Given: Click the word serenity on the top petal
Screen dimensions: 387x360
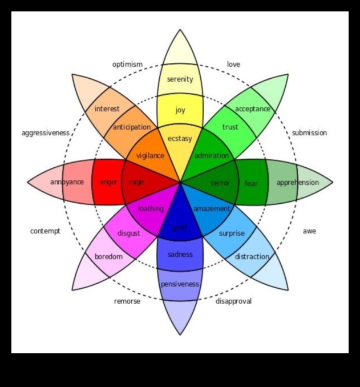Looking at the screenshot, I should [180, 79].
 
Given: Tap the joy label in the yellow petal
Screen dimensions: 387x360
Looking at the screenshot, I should [180, 110].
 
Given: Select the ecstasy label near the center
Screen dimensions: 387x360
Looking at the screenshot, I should [180, 139].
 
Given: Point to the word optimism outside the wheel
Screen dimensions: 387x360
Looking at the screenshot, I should [127, 64].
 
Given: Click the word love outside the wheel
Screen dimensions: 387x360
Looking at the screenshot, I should [233, 64].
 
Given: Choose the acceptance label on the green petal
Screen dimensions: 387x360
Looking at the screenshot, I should [252, 108].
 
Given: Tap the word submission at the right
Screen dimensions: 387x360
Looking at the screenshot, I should [309, 133].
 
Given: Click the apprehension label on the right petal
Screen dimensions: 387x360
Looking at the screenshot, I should [297, 183].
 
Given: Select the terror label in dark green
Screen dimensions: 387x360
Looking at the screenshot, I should [220, 183].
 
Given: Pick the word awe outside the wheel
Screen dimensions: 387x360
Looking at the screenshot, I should [309, 231].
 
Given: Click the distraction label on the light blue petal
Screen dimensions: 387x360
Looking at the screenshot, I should [252, 257].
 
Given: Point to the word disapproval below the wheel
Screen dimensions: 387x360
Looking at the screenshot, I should [233, 301].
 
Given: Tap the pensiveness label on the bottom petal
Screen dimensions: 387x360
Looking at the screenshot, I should [180, 284].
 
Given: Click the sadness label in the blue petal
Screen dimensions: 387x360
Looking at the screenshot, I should [180, 255].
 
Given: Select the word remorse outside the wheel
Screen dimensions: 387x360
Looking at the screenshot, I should [127, 301].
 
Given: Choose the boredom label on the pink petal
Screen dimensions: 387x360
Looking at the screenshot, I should [108, 257].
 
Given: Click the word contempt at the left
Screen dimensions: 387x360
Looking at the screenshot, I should [45, 231].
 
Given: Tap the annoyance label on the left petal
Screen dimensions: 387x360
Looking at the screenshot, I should [67, 182].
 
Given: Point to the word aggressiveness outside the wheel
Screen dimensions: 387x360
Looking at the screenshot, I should [45, 133].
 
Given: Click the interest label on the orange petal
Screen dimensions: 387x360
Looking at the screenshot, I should [107, 108].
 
